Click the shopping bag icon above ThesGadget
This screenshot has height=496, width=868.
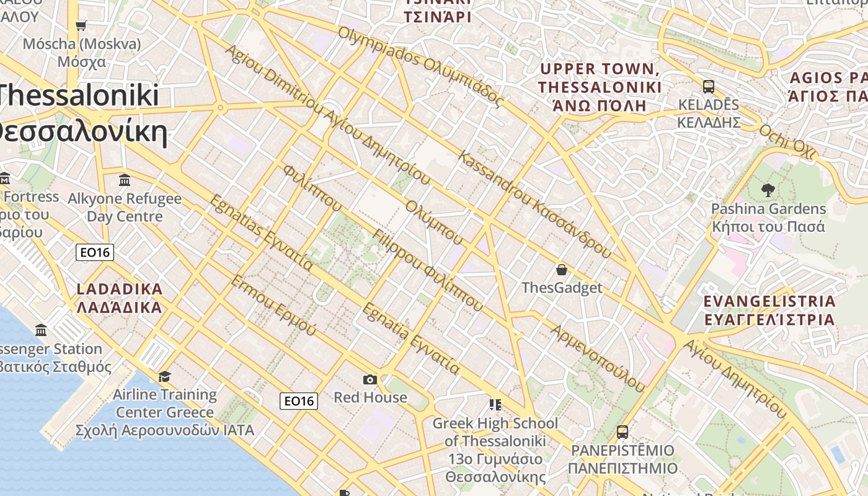pyautogui.click(x=562, y=270)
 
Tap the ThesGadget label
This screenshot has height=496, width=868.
pyautogui.click(x=562, y=288)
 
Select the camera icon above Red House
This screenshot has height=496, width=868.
pyautogui.click(x=370, y=379)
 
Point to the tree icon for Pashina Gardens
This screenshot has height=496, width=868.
pyautogui.click(x=768, y=190)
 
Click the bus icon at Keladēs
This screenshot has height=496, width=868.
pyautogui.click(x=709, y=87)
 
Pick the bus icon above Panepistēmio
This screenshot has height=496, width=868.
pyautogui.click(x=622, y=432)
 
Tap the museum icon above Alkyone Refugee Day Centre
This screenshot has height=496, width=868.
pyautogui.click(x=125, y=180)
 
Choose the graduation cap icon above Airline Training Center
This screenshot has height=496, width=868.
pyautogui.click(x=164, y=376)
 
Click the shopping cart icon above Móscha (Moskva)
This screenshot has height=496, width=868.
pyautogui.click(x=81, y=25)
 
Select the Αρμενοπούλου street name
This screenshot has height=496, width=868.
pyautogui.click(x=598, y=358)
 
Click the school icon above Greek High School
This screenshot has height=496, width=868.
pyautogui.click(x=495, y=405)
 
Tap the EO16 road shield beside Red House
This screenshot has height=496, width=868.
pyautogui.click(x=299, y=401)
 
